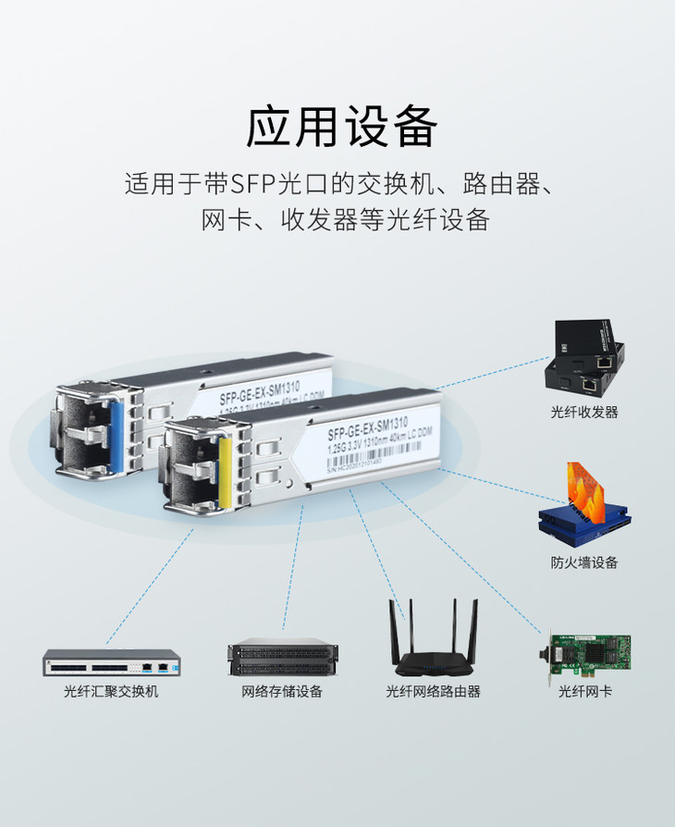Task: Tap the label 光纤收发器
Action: [584, 412]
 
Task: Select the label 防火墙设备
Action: [584, 562]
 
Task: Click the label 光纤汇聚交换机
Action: [111, 691]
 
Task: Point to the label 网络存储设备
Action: [282, 691]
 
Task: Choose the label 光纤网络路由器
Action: [433, 691]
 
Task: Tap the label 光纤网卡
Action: [584, 691]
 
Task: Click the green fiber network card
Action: [587, 651]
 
